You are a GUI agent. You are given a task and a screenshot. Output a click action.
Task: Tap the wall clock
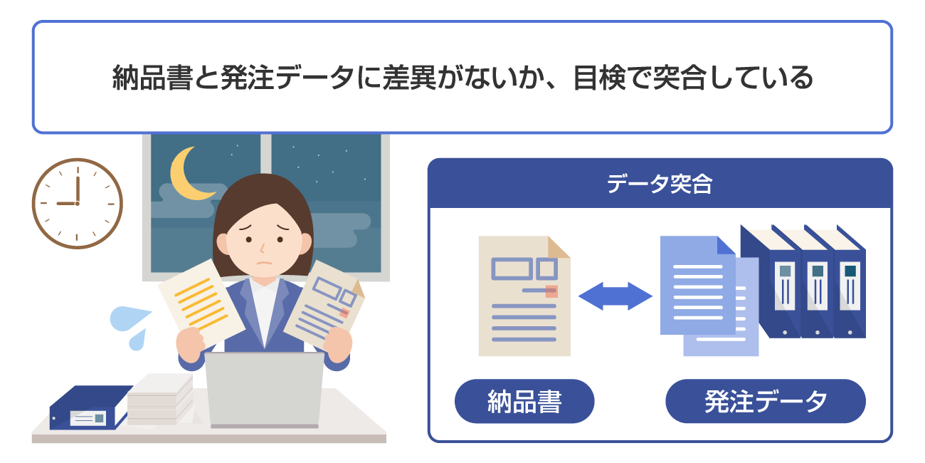click(77, 203)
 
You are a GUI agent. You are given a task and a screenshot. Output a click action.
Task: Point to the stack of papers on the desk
click(160, 399)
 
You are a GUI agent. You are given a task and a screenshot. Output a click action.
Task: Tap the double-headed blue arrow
click(615, 296)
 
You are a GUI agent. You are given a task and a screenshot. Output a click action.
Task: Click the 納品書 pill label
click(524, 402)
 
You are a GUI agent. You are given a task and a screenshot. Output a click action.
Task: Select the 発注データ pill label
click(765, 402)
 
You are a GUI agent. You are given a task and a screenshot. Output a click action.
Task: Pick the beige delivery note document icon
click(524, 296)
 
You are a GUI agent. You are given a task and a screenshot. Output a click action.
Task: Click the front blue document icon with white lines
click(697, 285)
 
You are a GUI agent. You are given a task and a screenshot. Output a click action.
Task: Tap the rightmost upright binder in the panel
click(849, 285)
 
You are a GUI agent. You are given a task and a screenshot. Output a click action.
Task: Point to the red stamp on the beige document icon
click(551, 291)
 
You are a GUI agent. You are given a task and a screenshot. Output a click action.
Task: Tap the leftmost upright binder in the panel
click(783, 285)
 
